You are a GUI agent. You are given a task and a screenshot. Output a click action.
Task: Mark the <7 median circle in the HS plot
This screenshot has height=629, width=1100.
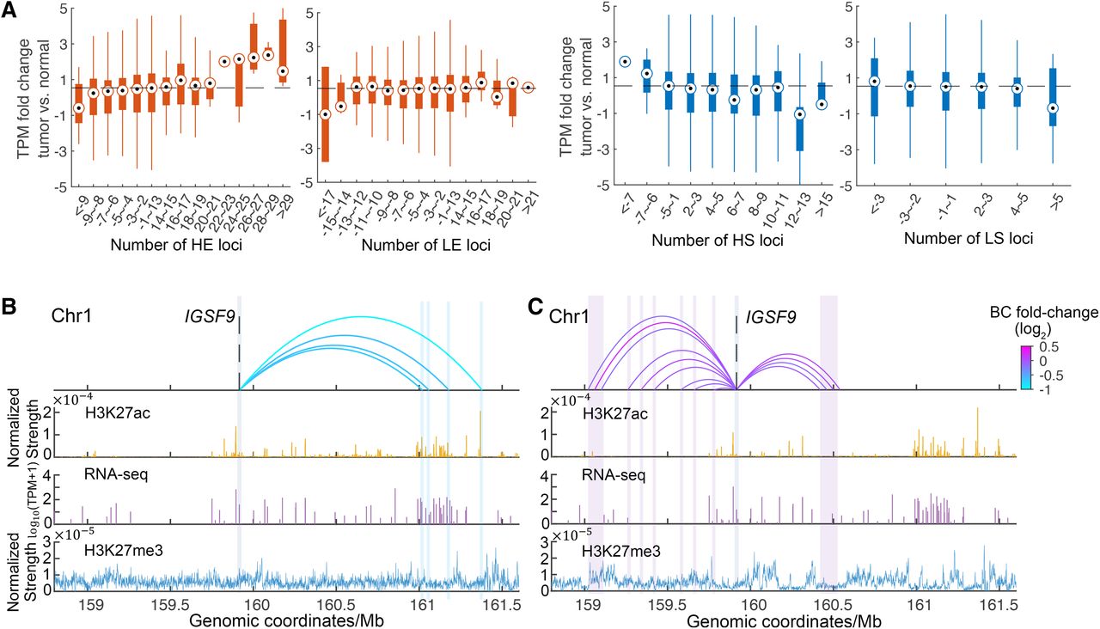click(625, 61)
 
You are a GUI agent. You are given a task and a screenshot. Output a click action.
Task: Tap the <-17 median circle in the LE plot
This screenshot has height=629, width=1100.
click(325, 114)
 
